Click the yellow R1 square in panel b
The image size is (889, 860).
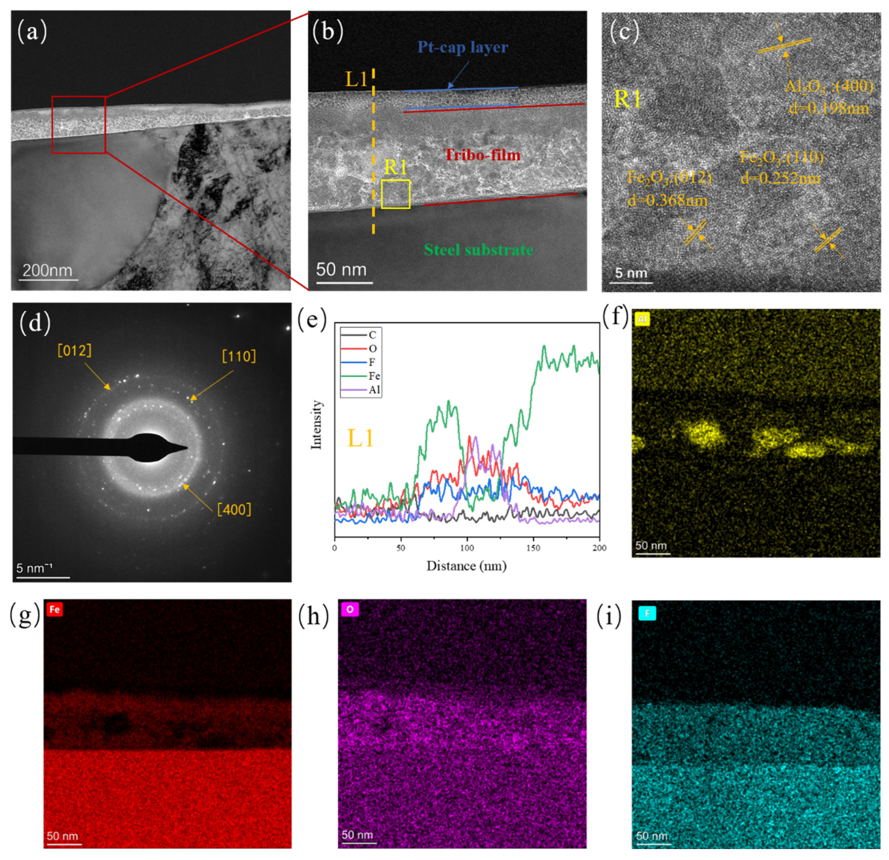tap(395, 194)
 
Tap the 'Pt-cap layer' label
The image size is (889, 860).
tap(462, 47)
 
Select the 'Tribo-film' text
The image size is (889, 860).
tap(482, 155)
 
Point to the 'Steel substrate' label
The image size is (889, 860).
tap(478, 250)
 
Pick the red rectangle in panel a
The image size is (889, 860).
tap(79, 125)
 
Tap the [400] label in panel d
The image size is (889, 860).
tap(234, 509)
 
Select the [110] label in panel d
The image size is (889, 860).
tap(239, 356)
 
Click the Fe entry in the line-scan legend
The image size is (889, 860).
tap(374, 376)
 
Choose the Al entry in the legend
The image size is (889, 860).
tap(374, 390)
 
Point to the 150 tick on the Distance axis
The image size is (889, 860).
tap(533, 548)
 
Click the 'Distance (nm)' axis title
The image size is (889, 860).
tap(466, 566)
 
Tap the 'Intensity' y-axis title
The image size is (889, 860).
tap(316, 425)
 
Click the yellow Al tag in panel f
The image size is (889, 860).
tap(642, 319)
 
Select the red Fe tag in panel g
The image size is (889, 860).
tap(54, 609)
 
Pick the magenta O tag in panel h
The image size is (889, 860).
tap(350, 609)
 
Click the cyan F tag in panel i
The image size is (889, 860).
tap(647, 614)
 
